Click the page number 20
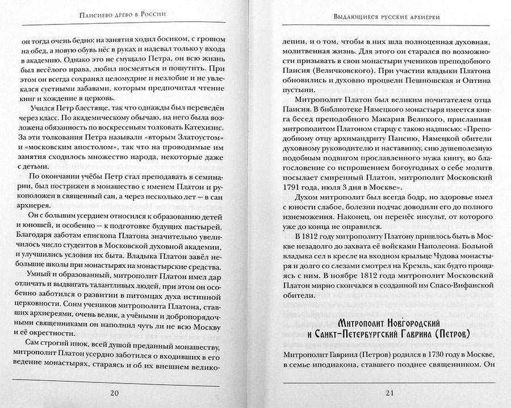115,393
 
